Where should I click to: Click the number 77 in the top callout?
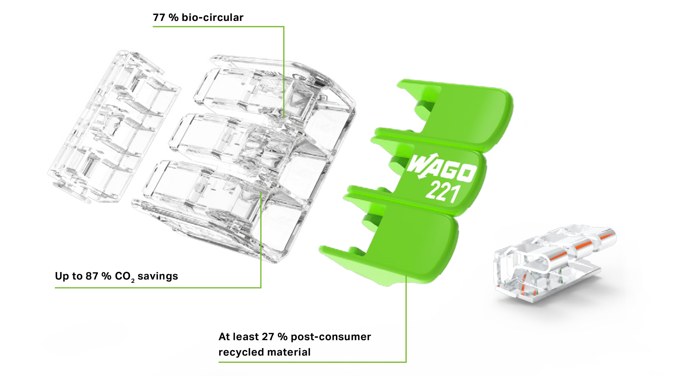[159, 17]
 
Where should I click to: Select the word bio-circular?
[212, 17]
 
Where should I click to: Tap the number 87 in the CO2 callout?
[92, 276]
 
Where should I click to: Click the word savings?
[158, 276]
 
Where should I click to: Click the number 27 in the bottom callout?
[268, 337]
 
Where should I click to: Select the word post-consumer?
[331, 337]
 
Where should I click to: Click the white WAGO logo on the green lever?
[441, 168]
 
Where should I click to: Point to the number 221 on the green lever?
[442, 192]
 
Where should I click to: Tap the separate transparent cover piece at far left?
[113, 127]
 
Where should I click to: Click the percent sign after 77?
[173, 17]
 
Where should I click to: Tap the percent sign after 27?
[283, 337]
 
